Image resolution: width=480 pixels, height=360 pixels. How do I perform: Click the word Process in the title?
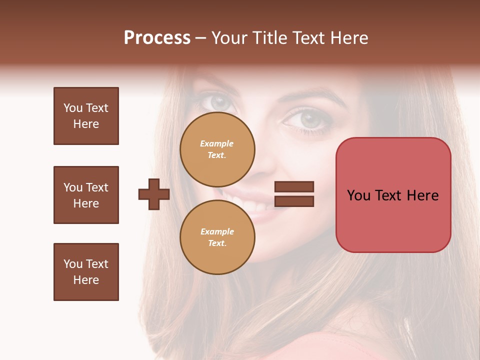pyautogui.click(x=157, y=38)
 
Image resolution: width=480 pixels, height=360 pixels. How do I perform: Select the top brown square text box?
pyautogui.click(x=86, y=116)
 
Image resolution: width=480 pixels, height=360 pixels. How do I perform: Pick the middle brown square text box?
pyautogui.click(x=86, y=195)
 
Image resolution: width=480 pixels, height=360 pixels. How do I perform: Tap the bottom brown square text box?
pyautogui.click(x=86, y=272)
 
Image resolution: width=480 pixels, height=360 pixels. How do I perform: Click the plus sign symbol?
pyautogui.click(x=154, y=194)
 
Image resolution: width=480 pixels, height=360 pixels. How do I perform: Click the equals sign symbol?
pyautogui.click(x=294, y=194)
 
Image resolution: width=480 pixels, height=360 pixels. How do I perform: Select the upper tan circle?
pyautogui.click(x=217, y=149)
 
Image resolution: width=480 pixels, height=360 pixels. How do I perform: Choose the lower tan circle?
pyautogui.click(x=217, y=237)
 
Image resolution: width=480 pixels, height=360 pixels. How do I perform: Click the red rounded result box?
pyautogui.click(x=393, y=195)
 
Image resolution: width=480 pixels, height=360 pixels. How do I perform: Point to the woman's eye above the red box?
pyautogui.click(x=308, y=120)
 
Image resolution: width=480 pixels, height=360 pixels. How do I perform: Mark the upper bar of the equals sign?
pyautogui.click(x=294, y=187)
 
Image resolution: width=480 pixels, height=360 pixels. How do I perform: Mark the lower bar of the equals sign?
pyautogui.click(x=294, y=201)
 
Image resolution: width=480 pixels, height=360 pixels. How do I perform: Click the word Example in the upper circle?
pyautogui.click(x=216, y=143)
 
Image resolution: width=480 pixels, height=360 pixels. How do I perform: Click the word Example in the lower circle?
pyautogui.click(x=217, y=231)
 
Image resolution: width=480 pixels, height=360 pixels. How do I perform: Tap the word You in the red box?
pyautogui.click(x=358, y=195)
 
